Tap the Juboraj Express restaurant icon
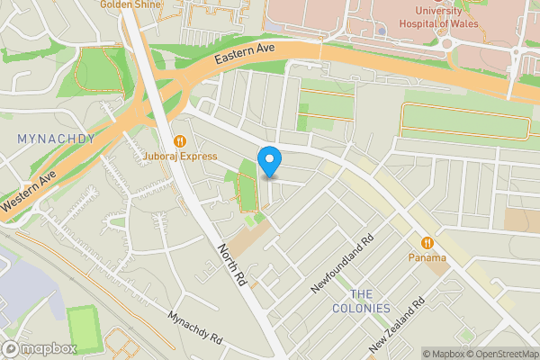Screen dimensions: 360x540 pos(181,140)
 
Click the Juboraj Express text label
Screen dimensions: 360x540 pos(181,157)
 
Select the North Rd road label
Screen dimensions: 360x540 pos(230,265)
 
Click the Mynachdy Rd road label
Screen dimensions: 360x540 pos(195,328)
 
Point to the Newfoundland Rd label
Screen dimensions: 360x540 pos(342,265)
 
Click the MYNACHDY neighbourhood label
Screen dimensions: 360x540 pos(56,139)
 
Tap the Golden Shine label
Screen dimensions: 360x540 pos(131,4)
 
